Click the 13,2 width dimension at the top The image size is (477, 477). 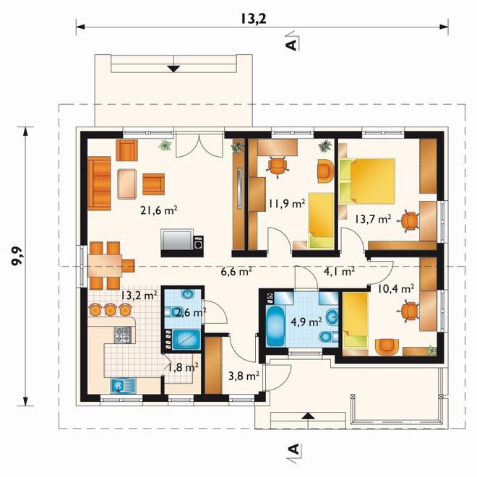[x=254, y=19]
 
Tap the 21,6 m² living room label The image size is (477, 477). [x=159, y=210]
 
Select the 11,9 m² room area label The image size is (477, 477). [x=287, y=203]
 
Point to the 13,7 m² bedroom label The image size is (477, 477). [x=373, y=219]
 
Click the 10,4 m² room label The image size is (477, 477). [x=395, y=288]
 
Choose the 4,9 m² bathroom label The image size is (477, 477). [x=306, y=322]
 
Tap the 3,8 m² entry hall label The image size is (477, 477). [x=244, y=376]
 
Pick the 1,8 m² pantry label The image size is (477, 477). [x=183, y=367]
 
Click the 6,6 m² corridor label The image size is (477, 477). [x=236, y=271]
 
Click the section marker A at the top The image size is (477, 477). [x=292, y=44]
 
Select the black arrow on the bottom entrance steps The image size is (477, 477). [x=309, y=416]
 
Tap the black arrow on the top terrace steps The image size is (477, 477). [x=173, y=69]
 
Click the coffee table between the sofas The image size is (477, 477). [x=127, y=184]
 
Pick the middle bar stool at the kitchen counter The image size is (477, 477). [x=110, y=309]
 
